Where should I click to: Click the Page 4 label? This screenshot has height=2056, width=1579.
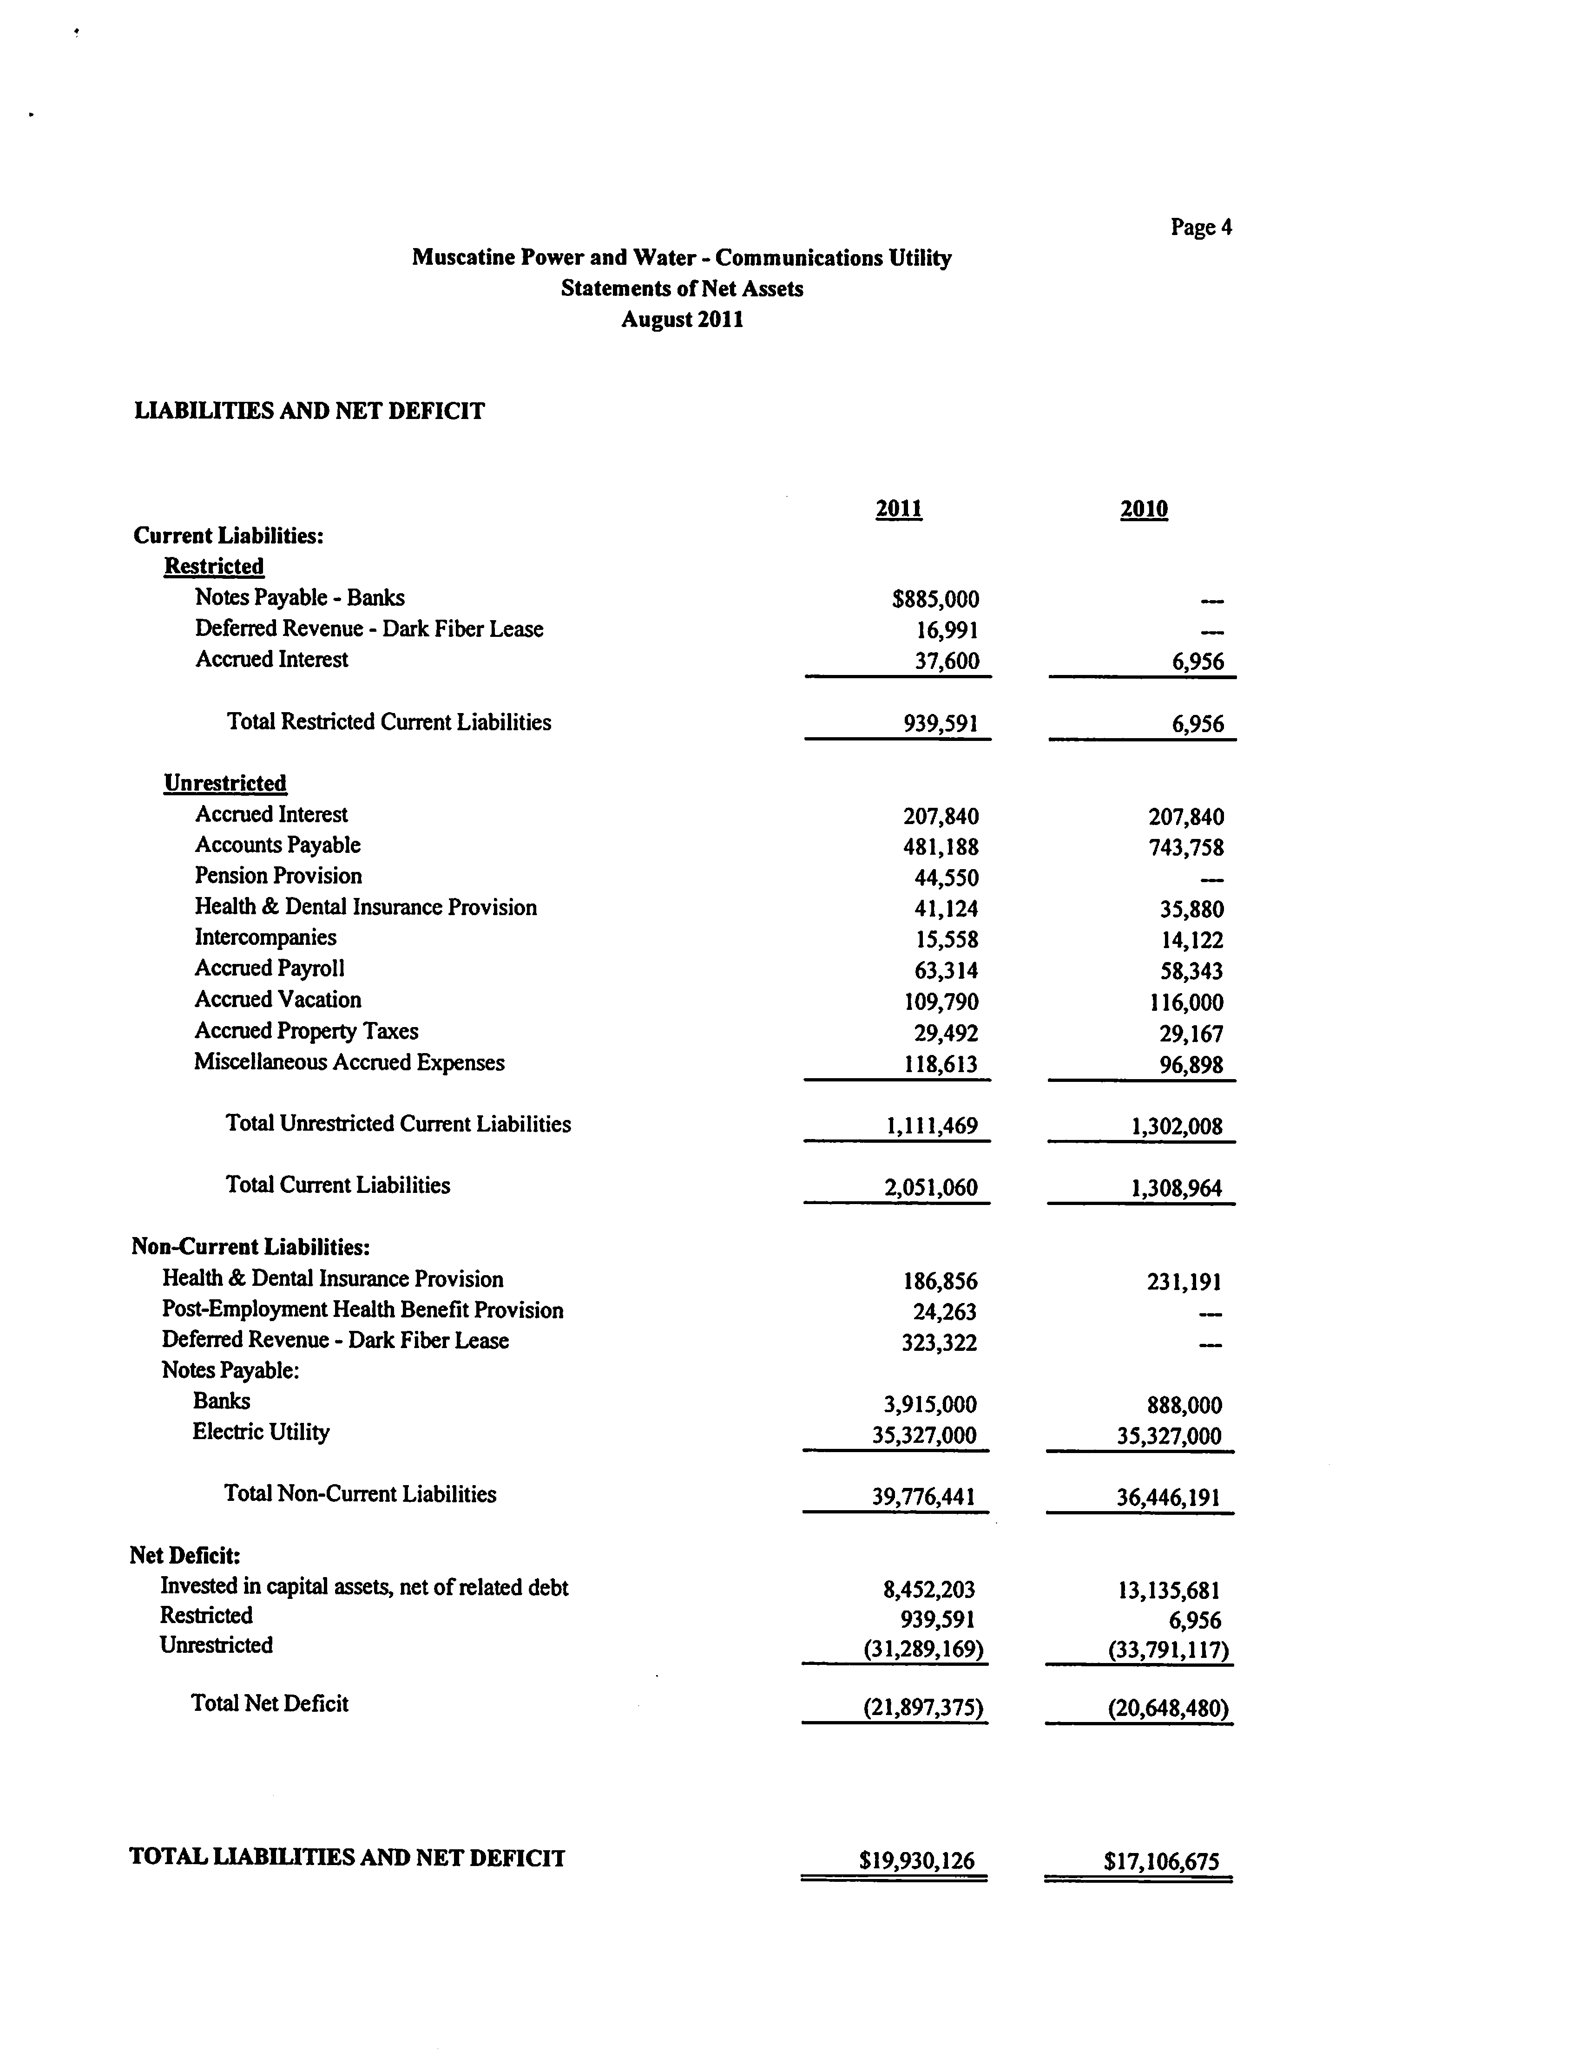coord(1200,228)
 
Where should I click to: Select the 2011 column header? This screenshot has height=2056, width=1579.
coord(899,509)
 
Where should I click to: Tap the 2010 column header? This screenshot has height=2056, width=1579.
coord(1144,509)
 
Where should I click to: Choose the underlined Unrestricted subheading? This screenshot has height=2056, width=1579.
coord(224,784)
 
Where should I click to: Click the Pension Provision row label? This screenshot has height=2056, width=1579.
coord(278,876)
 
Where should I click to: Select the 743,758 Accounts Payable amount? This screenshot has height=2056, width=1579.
coord(1186,848)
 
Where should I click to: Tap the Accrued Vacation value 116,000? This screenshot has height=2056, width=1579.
coord(1186,1002)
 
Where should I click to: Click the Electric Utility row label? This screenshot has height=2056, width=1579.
coord(261,1432)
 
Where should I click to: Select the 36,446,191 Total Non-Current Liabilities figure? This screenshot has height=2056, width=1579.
coord(1168,1498)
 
